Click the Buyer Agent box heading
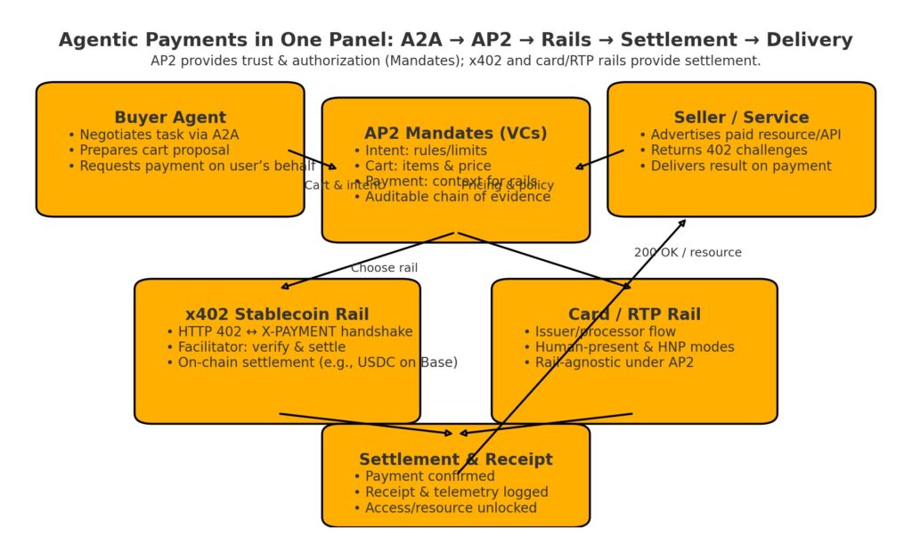pos(170,118)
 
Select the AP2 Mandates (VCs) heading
pos(455,134)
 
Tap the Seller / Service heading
pos(741,118)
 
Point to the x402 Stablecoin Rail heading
pos(277,314)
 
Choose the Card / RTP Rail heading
pos(634,314)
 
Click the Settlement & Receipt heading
pos(455,460)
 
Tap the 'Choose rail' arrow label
pos(384,268)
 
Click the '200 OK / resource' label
pos(688,253)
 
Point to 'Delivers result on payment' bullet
pos(740,166)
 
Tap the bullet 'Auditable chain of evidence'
pos(457,197)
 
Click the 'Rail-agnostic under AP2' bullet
pos(614,362)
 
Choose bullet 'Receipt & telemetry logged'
pos(456,492)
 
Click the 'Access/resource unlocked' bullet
pos(451,508)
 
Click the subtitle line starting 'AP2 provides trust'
pos(455,61)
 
